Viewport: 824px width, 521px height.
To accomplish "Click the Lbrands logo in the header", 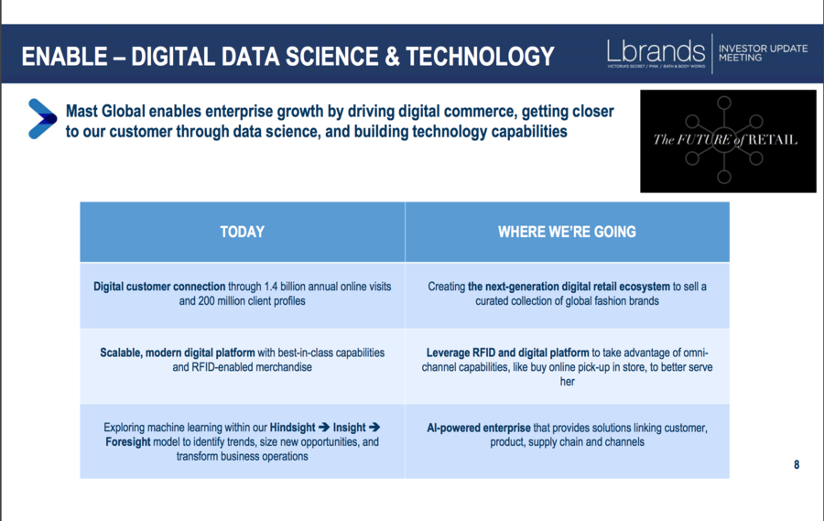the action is click(x=656, y=54).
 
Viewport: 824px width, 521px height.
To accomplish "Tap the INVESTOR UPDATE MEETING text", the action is click(x=763, y=53).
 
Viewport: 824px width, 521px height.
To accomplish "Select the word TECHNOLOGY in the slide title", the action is click(x=481, y=57).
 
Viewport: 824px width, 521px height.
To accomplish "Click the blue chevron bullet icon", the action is click(x=42, y=119).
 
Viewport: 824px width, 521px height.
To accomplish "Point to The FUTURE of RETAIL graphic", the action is click(x=728, y=141).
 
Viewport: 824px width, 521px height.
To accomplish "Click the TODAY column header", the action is click(x=243, y=232).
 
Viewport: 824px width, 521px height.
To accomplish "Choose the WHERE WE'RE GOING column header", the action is click(x=567, y=232).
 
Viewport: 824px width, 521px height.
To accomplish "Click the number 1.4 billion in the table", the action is click(x=288, y=287).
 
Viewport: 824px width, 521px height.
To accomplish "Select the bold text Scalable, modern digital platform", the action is click(x=177, y=353).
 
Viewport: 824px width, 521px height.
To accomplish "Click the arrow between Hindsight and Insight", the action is click(x=324, y=428).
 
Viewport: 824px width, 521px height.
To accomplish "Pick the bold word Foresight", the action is click(x=127, y=442).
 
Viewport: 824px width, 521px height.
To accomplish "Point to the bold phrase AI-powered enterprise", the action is click(x=479, y=428).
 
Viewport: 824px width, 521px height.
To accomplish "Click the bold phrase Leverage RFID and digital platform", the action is click(x=507, y=353).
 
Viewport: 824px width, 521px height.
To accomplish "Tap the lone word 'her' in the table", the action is click(x=567, y=382).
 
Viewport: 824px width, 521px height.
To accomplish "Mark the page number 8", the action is click(x=797, y=465).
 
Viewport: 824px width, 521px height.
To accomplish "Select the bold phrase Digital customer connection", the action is click(x=159, y=287).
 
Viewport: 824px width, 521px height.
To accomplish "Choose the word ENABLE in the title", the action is click(x=64, y=57).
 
